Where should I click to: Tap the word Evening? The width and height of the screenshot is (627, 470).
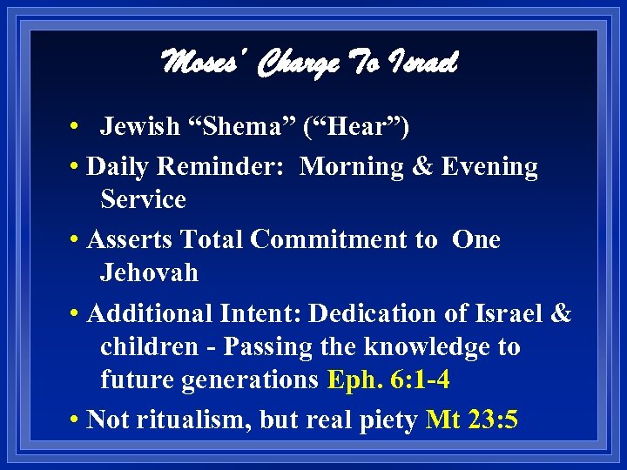tap(489, 165)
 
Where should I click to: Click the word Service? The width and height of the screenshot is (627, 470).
tap(144, 199)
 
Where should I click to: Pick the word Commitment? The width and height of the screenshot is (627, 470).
tap(341, 239)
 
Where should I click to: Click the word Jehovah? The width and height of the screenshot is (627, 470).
tap(149, 272)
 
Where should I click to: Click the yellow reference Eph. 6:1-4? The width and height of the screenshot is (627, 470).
tap(389, 380)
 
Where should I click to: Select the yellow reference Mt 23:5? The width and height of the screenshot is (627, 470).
tap(472, 420)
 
